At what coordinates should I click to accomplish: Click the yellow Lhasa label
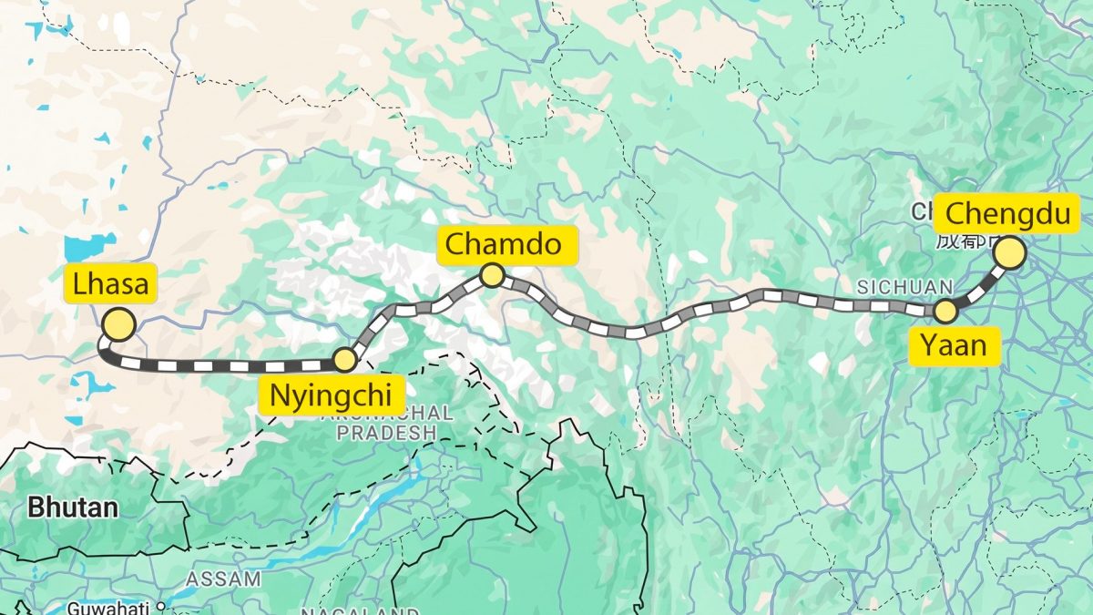110,284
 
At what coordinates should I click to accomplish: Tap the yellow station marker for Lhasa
118,324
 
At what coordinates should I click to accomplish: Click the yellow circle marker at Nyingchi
344,359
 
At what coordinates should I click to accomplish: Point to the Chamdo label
508,245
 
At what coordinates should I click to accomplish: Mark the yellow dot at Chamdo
492,274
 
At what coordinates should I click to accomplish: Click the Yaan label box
953,345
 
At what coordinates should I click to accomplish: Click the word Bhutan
72,507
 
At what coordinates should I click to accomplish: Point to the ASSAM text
223,579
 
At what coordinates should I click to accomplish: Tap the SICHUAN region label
904,287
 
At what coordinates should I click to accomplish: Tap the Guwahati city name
109,607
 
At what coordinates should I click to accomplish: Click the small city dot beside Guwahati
160,605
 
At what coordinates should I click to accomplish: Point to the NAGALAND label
360,611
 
